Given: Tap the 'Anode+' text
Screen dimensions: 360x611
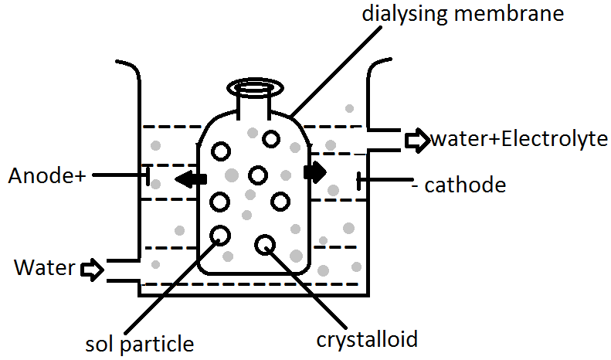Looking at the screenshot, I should [46, 176].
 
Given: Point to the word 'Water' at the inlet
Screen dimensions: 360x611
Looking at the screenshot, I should [44, 269].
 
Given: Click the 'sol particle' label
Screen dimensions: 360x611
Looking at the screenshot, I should [140, 341].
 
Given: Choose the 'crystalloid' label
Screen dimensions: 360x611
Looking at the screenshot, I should [367, 338].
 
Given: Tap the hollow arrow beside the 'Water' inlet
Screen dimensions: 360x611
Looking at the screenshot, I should [92, 270].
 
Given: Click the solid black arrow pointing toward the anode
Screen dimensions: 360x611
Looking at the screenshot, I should [190, 180].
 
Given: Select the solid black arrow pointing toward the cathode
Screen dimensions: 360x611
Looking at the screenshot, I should [315, 171].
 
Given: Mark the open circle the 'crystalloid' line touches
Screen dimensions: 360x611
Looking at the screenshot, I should [265, 244].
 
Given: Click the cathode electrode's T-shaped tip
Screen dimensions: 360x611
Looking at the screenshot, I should [358, 182].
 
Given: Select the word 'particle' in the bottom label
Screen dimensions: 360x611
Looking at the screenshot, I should [165, 341].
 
